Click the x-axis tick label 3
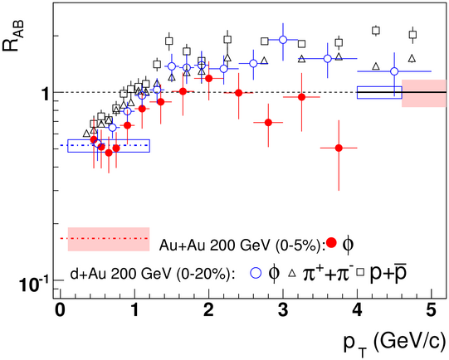[x=283, y=311]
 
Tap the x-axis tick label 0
[x=60, y=311]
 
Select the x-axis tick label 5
[x=432, y=311]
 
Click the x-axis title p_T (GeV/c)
[x=395, y=343]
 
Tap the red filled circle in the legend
[x=332, y=243]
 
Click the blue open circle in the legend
[x=256, y=273]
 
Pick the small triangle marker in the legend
[x=292, y=273]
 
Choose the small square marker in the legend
[x=360, y=272]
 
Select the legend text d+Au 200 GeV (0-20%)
[x=152, y=275]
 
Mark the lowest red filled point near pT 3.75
[x=339, y=148]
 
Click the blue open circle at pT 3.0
[x=283, y=40]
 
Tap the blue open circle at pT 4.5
[x=394, y=71]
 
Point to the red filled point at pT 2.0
[x=209, y=78]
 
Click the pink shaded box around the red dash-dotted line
[x=109, y=239]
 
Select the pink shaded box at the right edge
[x=424, y=93]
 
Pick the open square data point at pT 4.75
[x=412, y=35]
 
